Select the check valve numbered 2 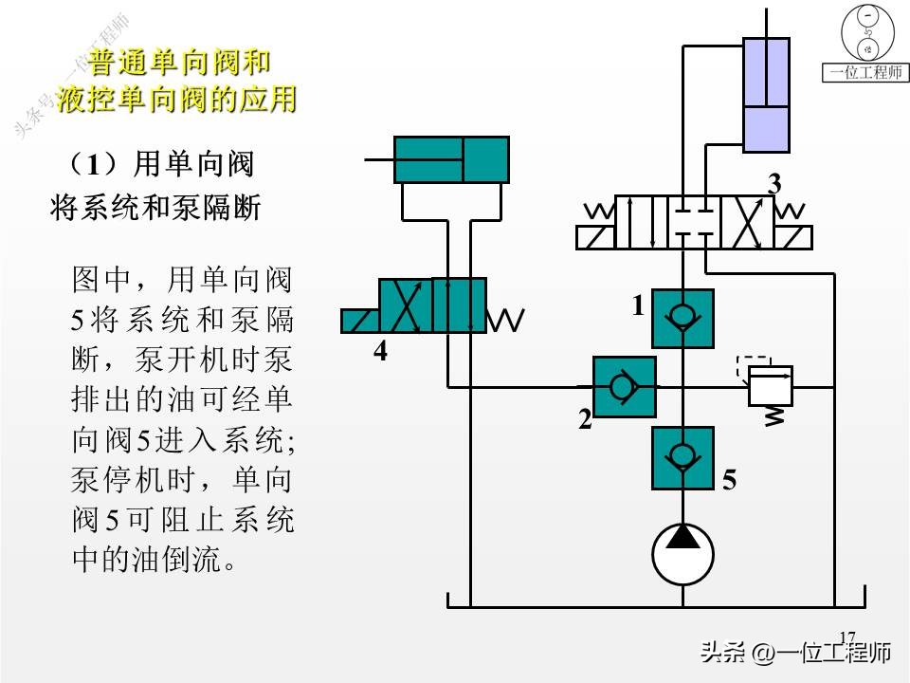(623, 387)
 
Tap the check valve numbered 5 (682, 457)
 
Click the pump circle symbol (682, 555)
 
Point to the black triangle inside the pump (682, 537)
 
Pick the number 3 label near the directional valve (774, 184)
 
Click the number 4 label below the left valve (380, 352)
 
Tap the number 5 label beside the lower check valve (729, 481)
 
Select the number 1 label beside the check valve (639, 305)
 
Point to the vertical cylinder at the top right (767, 95)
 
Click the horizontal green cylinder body (451, 158)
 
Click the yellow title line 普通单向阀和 (180, 64)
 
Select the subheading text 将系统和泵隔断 (155, 209)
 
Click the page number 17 (846, 637)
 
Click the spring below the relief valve (775, 415)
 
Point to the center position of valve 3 (694, 222)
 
